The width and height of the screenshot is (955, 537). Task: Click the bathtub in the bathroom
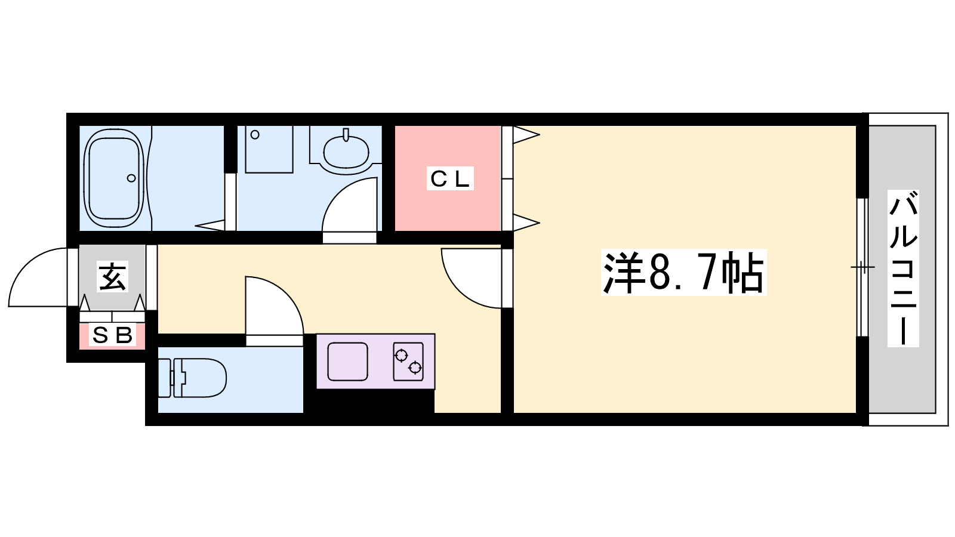[114, 178]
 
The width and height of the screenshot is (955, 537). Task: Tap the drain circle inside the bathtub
[131, 178]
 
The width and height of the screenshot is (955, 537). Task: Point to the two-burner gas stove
[408, 362]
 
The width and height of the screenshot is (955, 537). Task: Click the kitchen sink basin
[347, 361]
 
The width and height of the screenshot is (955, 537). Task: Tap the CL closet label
[450, 178]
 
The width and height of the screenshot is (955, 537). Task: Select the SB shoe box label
[112, 336]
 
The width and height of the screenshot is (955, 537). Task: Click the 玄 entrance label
[113, 277]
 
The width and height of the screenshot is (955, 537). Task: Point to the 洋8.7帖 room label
[683, 273]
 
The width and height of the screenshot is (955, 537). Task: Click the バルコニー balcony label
[903, 268]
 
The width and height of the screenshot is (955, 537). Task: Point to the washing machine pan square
[269, 149]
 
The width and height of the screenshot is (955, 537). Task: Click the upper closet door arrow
[526, 135]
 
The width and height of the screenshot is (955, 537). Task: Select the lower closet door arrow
[526, 223]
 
